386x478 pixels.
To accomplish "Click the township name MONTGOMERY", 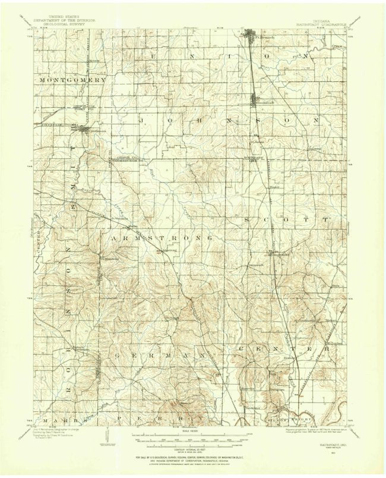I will (x=72, y=79).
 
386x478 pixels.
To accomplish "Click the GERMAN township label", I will (x=161, y=355).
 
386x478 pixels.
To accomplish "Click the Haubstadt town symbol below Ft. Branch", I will (x=256, y=100).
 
